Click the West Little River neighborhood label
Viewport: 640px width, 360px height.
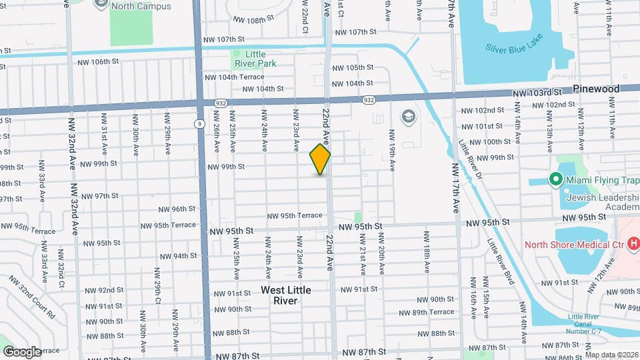(x=286, y=295)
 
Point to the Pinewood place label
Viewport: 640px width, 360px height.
(x=596, y=89)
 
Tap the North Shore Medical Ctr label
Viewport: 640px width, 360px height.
(x=574, y=244)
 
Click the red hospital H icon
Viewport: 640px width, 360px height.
(x=633, y=244)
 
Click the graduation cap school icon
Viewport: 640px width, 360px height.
(x=407, y=117)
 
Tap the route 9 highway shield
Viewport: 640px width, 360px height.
(x=199, y=123)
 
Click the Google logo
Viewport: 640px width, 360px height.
(x=22, y=351)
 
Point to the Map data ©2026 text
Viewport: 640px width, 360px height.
(x=611, y=355)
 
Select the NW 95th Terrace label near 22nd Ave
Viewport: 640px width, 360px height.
(x=295, y=215)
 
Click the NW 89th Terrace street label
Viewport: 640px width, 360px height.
(x=426, y=312)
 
